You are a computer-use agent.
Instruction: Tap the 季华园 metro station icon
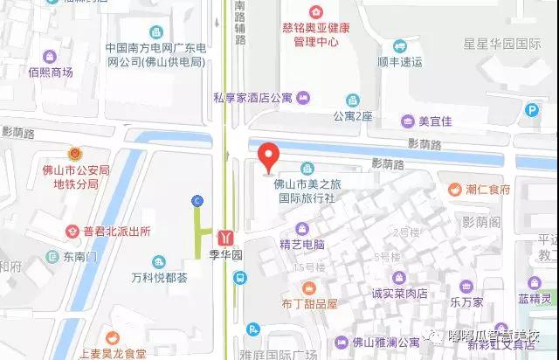227,237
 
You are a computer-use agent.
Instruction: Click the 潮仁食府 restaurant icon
454,189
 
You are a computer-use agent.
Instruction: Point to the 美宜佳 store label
435,121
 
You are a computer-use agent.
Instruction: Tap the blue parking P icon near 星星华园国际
532,109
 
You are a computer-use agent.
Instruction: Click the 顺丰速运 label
399,62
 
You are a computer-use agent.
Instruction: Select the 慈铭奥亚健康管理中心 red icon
314,12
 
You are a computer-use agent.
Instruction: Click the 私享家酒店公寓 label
252,99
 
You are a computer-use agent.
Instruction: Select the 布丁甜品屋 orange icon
308,287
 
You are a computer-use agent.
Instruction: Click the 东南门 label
79,258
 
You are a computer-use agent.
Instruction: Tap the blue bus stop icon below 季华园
240,278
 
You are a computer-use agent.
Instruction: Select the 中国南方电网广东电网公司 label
155,54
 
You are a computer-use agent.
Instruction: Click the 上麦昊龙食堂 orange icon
111,337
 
